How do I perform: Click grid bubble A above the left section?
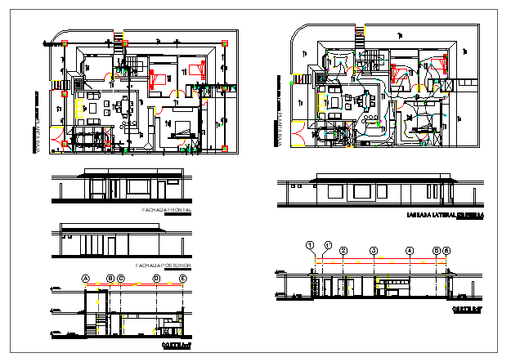84,279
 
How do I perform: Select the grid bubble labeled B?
110,279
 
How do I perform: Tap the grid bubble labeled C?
121,279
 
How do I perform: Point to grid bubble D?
156,279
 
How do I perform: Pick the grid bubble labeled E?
183,279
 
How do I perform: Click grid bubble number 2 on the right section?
343,250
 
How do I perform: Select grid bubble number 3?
374,250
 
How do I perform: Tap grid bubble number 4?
410,250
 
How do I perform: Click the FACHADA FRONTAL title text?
167,211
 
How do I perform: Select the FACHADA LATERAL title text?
445,216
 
